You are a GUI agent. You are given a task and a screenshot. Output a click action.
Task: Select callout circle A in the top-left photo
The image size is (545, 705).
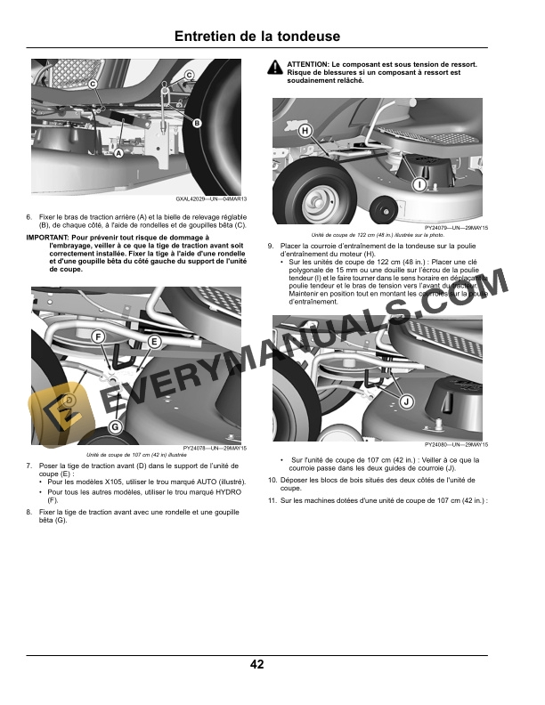pos(118,153)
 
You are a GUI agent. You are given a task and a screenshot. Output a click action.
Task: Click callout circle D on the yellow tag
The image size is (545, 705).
pos(69,399)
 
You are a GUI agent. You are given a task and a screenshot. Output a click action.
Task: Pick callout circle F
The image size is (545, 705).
pos(97,336)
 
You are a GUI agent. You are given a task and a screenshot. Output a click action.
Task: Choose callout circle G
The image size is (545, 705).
pos(114,428)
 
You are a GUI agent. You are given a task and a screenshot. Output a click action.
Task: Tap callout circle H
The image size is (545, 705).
pos(305,131)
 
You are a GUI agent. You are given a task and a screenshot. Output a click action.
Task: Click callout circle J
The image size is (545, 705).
pos(406,402)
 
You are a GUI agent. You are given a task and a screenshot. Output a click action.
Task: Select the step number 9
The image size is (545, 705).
pos(271,246)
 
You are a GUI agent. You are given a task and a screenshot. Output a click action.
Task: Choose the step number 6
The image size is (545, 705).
pos(28,217)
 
